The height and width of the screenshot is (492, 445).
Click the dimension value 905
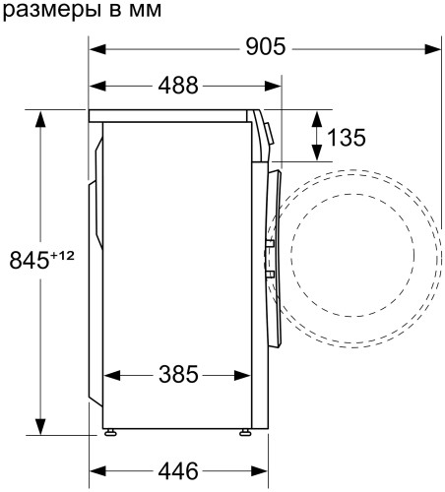pos(265,46)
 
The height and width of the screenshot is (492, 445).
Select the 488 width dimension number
pos(178,85)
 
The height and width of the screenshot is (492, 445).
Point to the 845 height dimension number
pos(29,261)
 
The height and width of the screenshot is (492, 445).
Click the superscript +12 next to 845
pos(63,255)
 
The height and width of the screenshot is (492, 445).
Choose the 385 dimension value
pos(178,375)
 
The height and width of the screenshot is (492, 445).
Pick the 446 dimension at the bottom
pos(178,468)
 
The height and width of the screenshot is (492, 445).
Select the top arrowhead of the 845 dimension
pos(40,119)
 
